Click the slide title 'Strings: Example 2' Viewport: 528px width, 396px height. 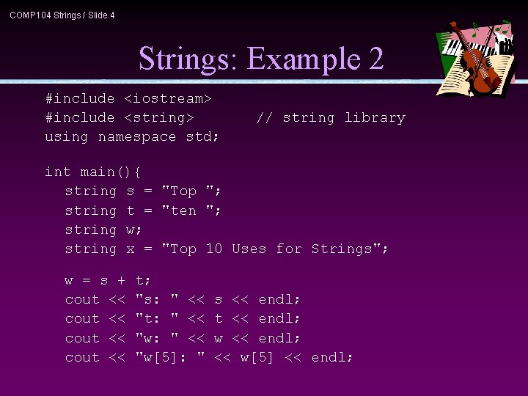tap(261, 59)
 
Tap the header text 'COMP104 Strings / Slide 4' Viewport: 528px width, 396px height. tap(62, 15)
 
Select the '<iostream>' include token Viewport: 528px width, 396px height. tap(168, 98)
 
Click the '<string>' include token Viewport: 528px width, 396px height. tap(159, 117)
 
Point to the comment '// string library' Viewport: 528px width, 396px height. tap(330, 117)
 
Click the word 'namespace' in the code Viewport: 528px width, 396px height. tap(137, 136)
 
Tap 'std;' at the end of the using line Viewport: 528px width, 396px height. tap(202, 136)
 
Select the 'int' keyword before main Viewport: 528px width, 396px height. tap(58, 172)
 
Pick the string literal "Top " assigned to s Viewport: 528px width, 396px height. tap(191, 191)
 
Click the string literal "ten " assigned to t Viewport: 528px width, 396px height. tap(191, 210)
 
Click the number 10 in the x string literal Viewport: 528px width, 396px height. tap(213, 249)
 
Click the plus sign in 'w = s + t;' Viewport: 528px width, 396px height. tap(121, 280)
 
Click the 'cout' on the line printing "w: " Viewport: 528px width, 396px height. tap(82, 338)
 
